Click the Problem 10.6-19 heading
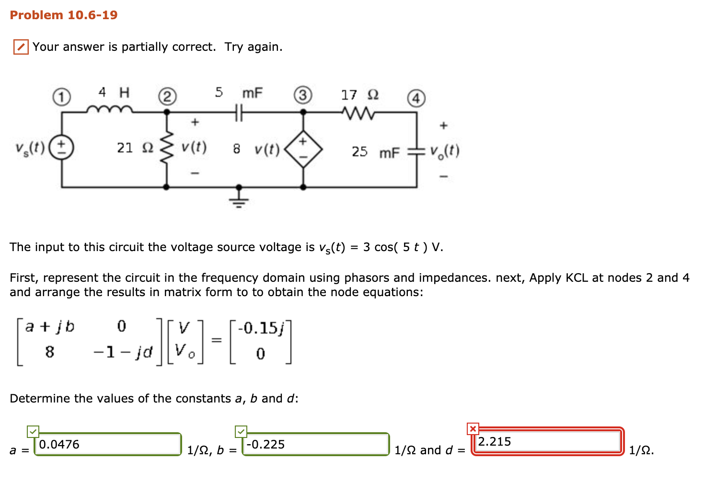coord(64,15)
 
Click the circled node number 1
coord(61,97)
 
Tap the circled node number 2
coord(167,97)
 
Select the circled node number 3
coord(303,95)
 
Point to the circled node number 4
coord(416,98)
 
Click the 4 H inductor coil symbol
coord(109,110)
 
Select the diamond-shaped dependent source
coord(303,149)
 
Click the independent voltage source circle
coord(62,148)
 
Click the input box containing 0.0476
coord(108,444)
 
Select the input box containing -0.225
coord(315,444)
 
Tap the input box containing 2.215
coord(548,441)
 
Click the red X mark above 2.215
coord(473,428)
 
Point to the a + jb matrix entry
coord(50,327)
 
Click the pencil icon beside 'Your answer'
coord(21,47)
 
